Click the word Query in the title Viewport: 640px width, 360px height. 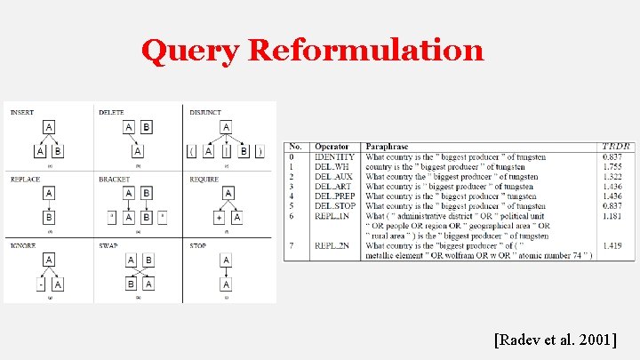point(190,51)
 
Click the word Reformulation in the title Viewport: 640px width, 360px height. point(366,51)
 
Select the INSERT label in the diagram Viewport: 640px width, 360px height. point(22,112)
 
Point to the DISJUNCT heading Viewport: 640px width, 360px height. point(206,112)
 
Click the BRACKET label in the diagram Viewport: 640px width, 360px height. point(115,179)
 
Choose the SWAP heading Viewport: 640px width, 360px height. point(108,244)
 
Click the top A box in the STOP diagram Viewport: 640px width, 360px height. point(227,259)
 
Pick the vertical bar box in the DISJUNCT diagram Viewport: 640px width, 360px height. point(227,151)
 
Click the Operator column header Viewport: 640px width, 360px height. point(332,147)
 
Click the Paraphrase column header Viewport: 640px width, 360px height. point(388,147)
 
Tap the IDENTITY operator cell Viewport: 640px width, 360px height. point(334,157)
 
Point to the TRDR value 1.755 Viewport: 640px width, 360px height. point(612,167)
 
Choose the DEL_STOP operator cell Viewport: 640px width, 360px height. point(336,206)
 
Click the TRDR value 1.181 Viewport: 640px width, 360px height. point(612,216)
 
